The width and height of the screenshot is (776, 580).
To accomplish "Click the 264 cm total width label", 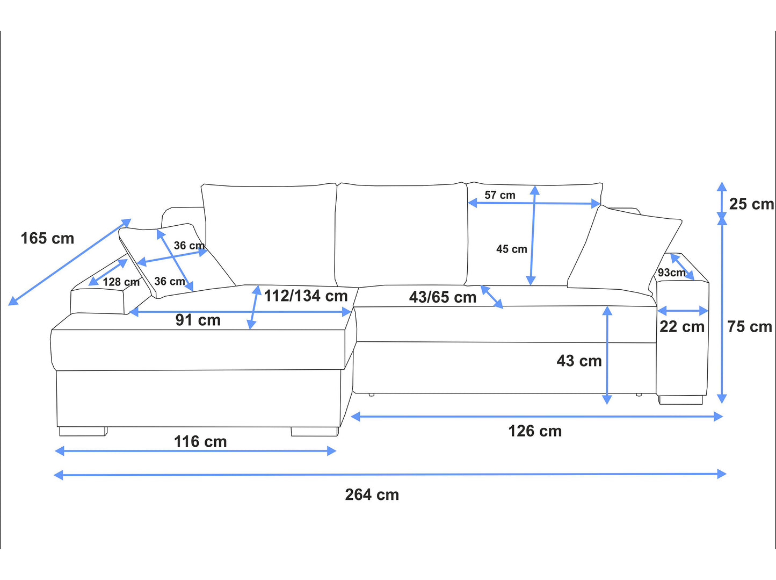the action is [x=372, y=495].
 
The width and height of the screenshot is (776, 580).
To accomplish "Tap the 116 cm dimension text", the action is [x=200, y=442].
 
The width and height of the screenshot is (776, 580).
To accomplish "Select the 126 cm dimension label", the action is [x=535, y=431].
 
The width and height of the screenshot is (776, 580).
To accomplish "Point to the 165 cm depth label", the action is [x=47, y=238].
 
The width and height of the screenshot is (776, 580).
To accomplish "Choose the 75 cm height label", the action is [x=750, y=327].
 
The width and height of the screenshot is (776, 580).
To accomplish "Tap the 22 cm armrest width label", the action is [x=682, y=327].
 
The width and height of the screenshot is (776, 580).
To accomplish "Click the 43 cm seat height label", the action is [x=579, y=361].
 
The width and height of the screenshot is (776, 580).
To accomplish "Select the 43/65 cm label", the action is [x=443, y=297].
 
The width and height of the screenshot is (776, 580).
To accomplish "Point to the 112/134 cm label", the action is [x=306, y=296].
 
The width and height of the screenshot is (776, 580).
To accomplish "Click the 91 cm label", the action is [x=198, y=320].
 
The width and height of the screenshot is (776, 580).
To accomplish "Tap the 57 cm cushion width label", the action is [x=500, y=195].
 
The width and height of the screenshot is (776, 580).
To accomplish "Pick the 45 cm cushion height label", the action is [x=512, y=249].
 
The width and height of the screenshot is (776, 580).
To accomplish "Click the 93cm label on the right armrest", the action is [x=671, y=273].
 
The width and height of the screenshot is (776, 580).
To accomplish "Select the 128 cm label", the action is [x=121, y=282].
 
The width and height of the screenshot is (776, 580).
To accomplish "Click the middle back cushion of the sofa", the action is [x=401, y=235].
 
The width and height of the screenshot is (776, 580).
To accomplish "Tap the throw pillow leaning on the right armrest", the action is [x=625, y=251].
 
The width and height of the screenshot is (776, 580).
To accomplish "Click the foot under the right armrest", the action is [x=681, y=400].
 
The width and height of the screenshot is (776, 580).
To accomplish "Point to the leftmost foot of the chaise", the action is [x=83, y=432].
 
